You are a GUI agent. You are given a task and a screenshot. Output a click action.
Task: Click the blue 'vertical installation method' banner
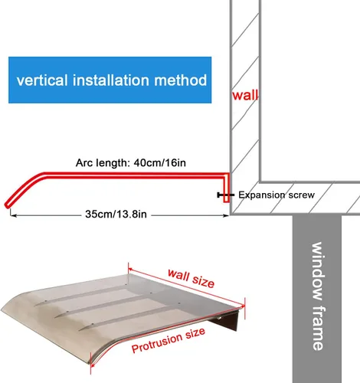coord(110,80)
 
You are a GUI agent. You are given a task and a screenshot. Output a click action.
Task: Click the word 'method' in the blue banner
coord(181,80)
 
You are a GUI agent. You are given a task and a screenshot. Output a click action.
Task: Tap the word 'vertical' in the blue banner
coord(42,80)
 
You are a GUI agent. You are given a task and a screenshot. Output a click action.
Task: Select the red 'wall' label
coord(245,95)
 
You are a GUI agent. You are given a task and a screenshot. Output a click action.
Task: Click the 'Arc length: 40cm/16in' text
coord(131,163)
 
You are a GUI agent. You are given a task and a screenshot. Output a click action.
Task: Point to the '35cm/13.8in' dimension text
coord(116,214)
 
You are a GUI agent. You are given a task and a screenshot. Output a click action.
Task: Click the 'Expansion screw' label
coord(277,195)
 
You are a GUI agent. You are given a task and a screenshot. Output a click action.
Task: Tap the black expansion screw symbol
coord(225,195)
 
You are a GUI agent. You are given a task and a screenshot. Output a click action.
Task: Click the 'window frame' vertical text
coord(318,296)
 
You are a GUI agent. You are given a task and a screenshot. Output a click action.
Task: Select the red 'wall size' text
coord(191,278)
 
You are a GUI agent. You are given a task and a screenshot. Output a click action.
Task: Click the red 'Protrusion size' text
coord(169,340)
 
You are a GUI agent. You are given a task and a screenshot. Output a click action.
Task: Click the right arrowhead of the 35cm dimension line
coord(226,216)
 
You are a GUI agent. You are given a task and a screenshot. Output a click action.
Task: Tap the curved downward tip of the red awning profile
coord(8,205)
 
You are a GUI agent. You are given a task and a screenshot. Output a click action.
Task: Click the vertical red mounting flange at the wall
coord(226,188)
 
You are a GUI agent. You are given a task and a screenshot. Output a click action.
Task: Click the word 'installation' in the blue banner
coord(111,80)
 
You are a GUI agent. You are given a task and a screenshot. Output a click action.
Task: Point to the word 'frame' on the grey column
coord(318,329)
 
